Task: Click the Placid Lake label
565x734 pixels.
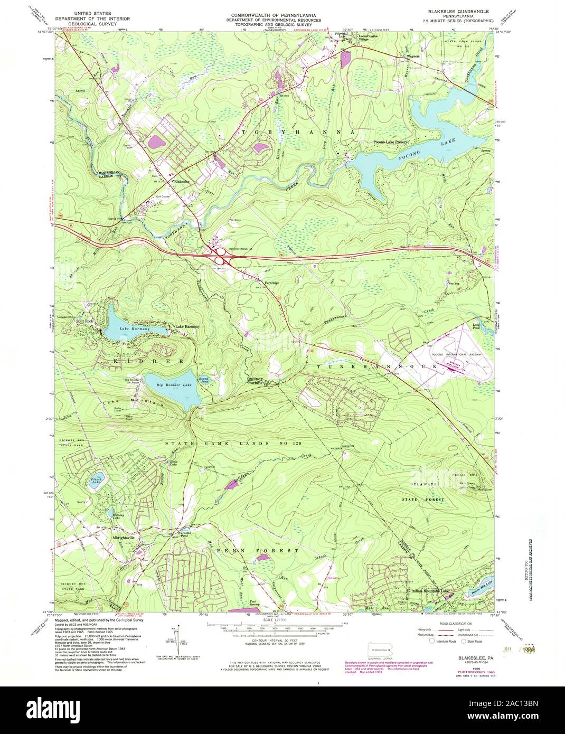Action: click(95, 481)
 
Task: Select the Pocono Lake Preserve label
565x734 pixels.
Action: click(392, 142)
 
